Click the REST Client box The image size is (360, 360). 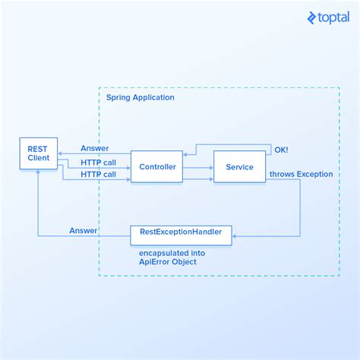point(39,154)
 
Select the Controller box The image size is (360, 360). point(156,167)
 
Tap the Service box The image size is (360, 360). point(239,167)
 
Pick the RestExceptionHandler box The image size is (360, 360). point(181,235)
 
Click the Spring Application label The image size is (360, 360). point(141,97)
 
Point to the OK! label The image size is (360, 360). point(281,150)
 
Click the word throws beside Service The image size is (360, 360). point(283,175)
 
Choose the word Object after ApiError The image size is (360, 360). point(182,262)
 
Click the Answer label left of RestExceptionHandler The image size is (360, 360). point(83,230)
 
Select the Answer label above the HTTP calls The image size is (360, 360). point(94,148)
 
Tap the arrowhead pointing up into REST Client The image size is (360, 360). point(38,172)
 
